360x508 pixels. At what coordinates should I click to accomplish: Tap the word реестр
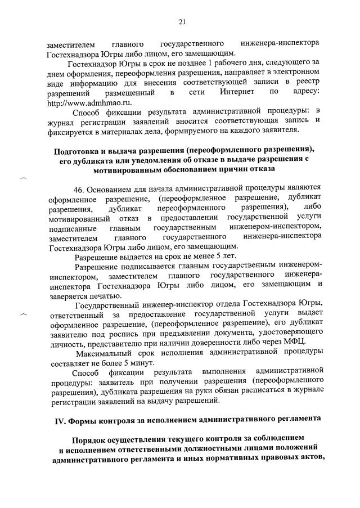point(308,82)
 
